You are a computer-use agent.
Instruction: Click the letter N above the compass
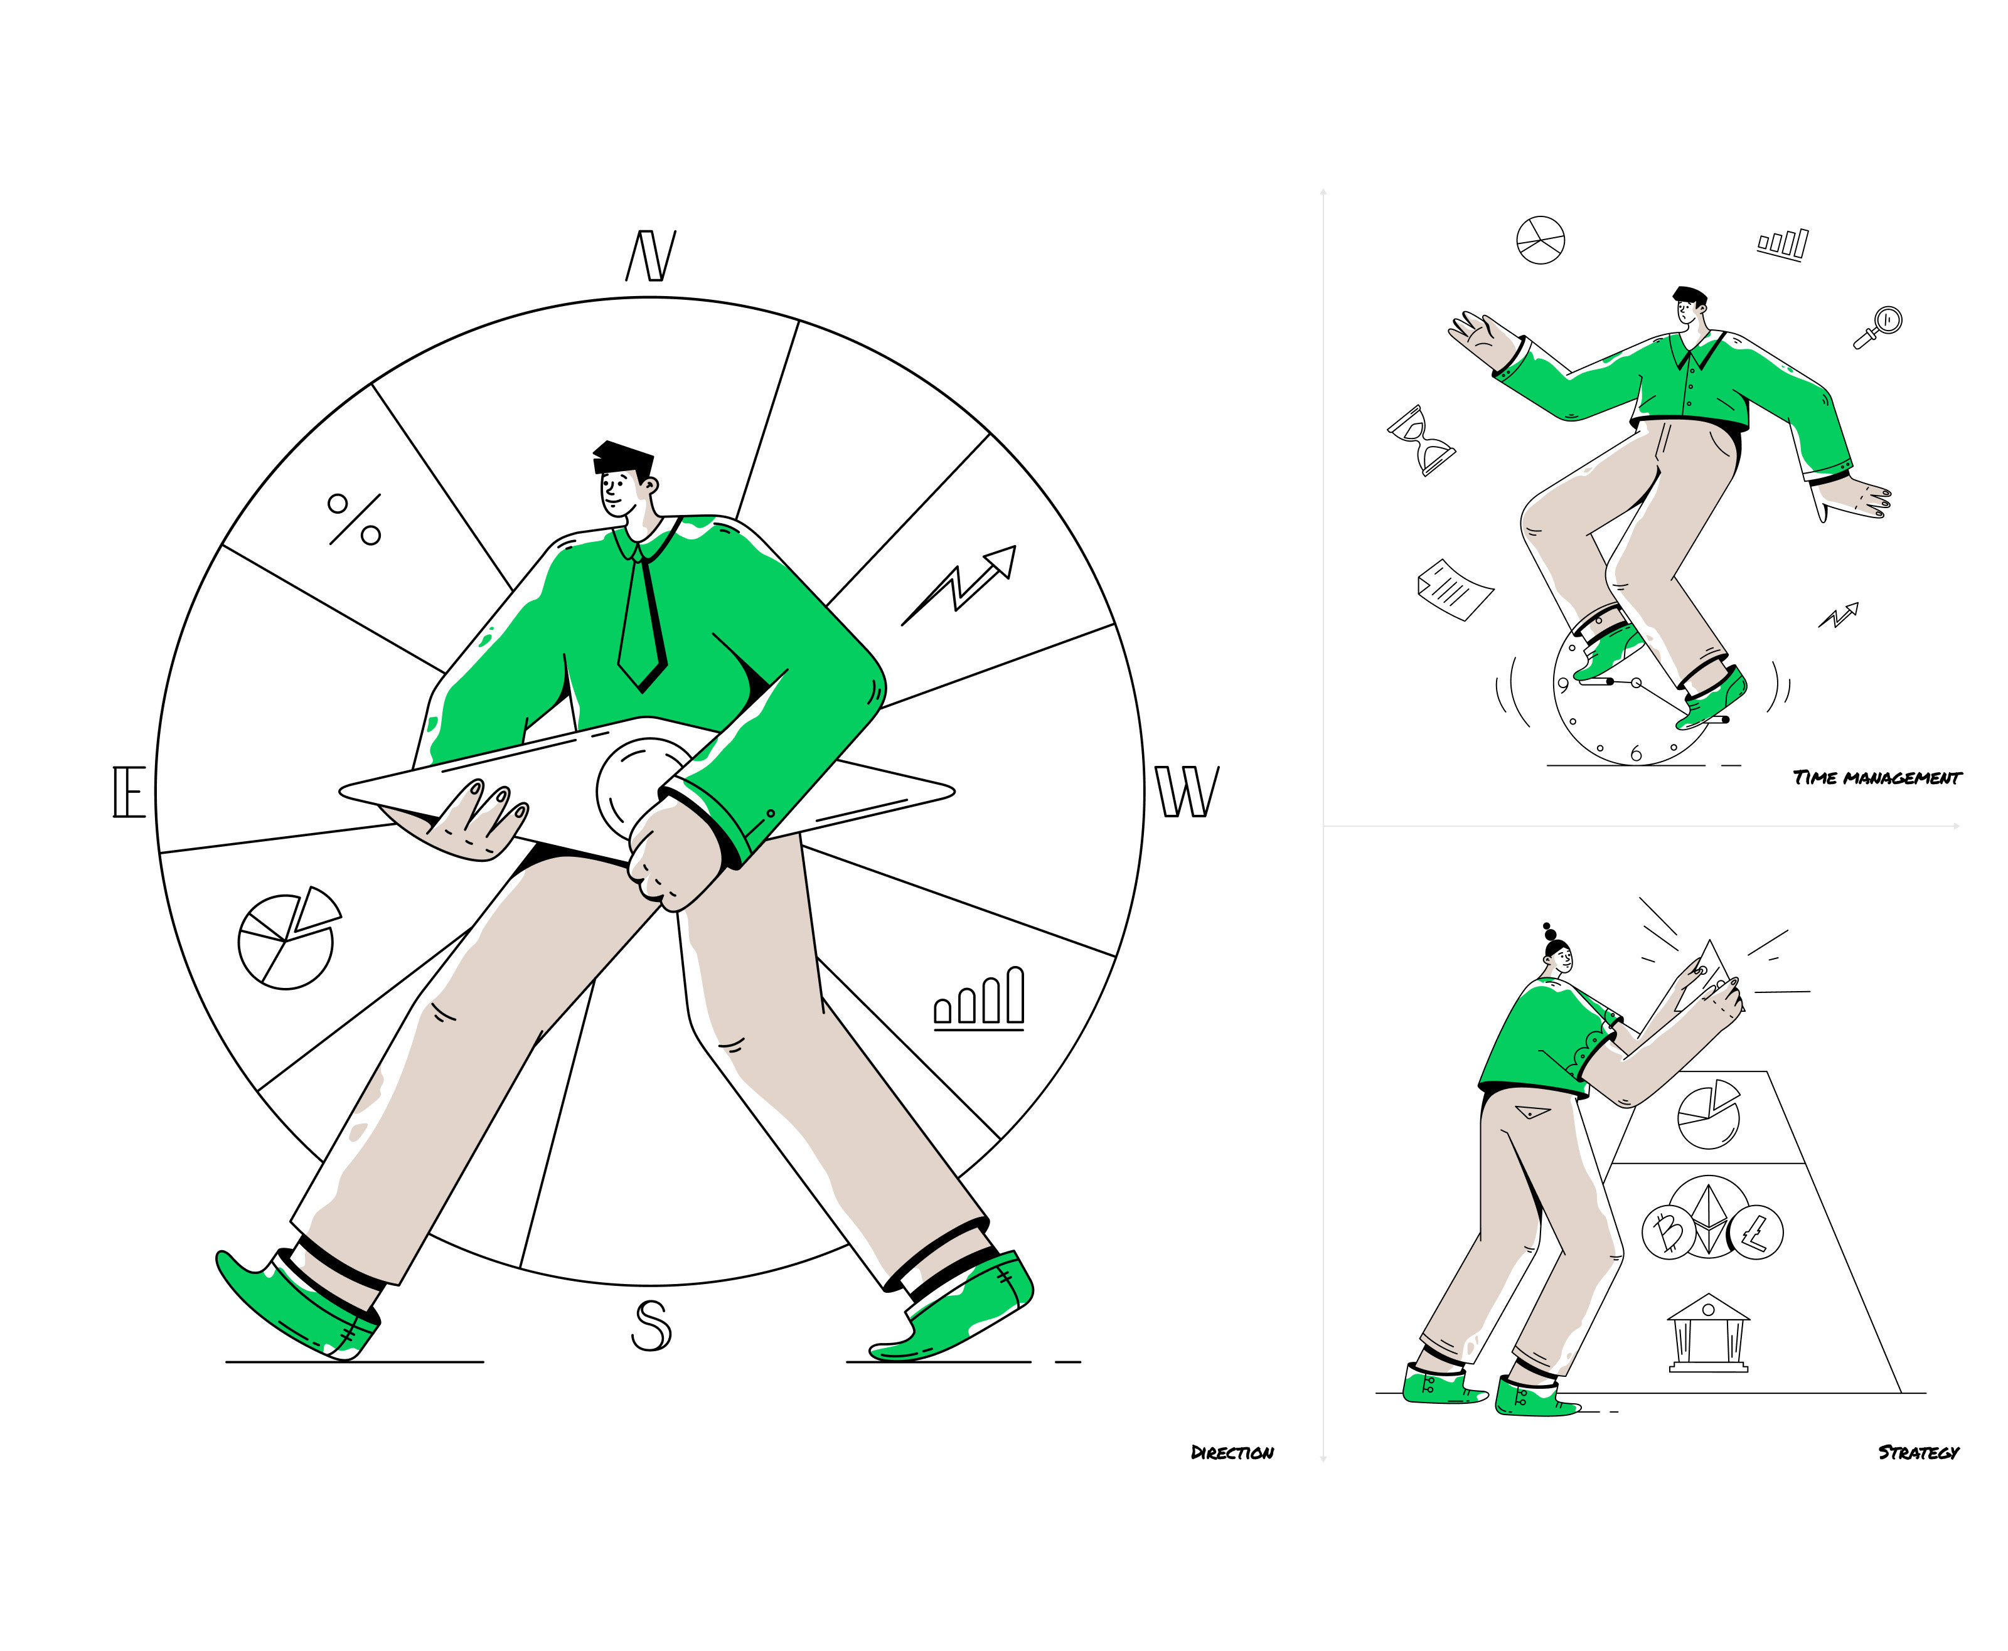(651, 256)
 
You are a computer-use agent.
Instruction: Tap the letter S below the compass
(651, 1325)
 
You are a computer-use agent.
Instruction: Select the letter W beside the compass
(1187, 791)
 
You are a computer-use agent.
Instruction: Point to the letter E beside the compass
(129, 791)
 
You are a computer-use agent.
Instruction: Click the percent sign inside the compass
(355, 519)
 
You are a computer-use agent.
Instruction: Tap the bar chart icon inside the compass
(979, 999)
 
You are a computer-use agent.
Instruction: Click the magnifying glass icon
(1877, 327)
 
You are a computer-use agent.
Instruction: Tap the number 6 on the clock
(1636, 754)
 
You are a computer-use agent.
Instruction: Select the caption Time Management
(1877, 778)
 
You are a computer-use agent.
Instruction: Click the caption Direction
(1232, 1452)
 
